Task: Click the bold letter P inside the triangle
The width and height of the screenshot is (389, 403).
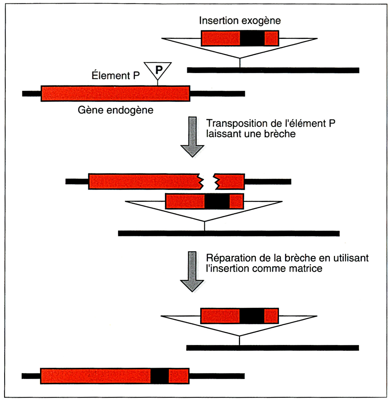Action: tap(159, 70)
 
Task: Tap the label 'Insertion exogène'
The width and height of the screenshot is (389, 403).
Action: tap(240, 21)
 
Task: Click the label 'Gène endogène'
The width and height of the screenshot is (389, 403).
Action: tap(116, 110)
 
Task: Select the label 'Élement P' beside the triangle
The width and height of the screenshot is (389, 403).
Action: tap(116, 75)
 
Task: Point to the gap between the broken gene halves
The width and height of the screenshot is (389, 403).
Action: tap(208, 182)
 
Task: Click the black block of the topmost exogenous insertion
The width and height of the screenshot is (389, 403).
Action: tap(252, 38)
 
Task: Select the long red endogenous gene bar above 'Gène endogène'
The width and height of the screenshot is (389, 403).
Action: tap(116, 94)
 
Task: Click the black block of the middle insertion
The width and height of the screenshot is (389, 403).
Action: tap(217, 201)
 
